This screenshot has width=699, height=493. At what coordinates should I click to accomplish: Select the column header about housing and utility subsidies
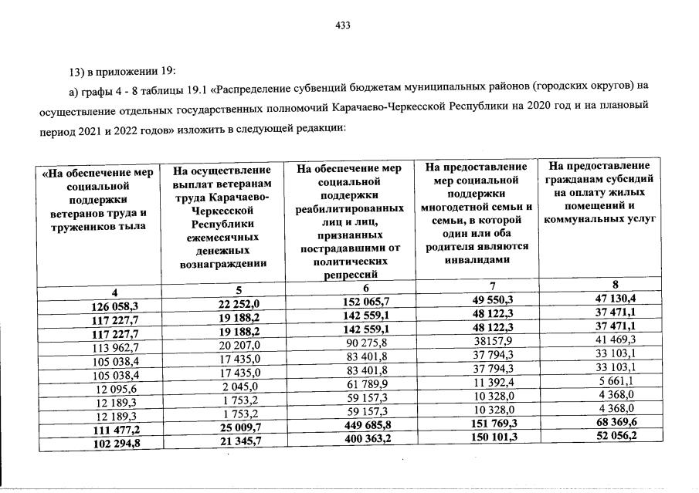click(x=600, y=192)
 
